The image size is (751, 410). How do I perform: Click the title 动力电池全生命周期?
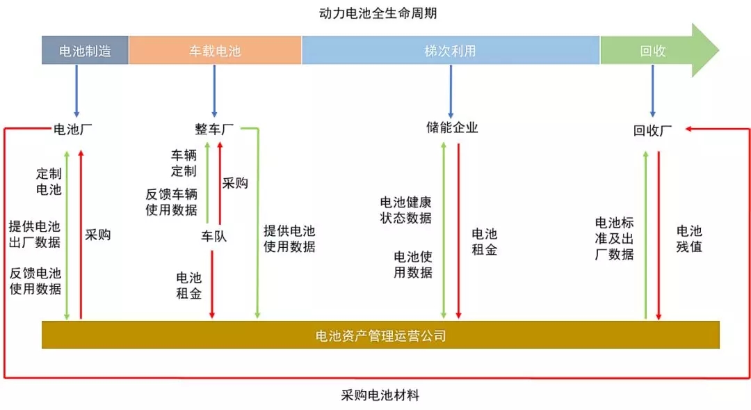pos(378,13)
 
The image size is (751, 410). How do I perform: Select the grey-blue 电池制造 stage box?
pos(86,50)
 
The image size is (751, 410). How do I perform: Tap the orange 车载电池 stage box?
pos(215,50)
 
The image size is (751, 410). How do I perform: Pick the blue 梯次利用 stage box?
pos(451,50)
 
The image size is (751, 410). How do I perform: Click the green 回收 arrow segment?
pos(659,50)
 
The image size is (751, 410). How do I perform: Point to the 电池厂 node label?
pos(72,129)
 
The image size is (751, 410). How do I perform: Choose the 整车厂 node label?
pos(214,129)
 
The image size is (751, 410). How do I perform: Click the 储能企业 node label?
pos(452,127)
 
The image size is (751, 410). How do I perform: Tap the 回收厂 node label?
pos(652,130)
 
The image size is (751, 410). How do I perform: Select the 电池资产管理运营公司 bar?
pos(380,335)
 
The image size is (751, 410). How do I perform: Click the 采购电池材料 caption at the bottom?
pos(380,395)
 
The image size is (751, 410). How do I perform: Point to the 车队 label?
pos(213,236)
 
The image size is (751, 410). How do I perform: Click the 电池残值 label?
pos(689,239)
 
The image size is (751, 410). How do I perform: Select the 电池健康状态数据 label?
pos(405,210)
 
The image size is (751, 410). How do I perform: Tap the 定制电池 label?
pos(49,182)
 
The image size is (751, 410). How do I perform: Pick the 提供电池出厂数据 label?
pos(35,235)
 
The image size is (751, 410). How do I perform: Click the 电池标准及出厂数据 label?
pos(615,238)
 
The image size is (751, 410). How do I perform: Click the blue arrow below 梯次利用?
pos(451,91)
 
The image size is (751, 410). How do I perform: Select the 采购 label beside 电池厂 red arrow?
pos(98,235)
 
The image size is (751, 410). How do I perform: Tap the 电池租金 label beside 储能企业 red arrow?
pos(485,242)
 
